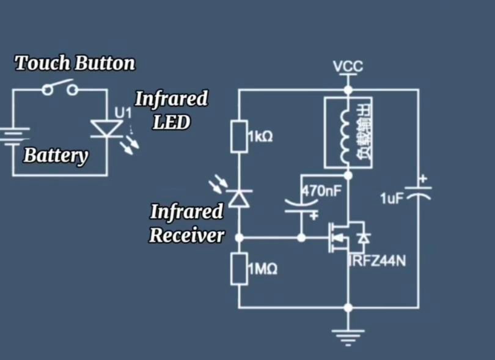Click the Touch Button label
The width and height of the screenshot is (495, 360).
tap(75, 63)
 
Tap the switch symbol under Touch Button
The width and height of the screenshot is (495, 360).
tap(60, 90)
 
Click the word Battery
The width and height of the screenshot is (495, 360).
tap(56, 155)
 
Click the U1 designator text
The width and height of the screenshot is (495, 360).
tap(123, 113)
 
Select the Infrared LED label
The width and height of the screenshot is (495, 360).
tap(171, 110)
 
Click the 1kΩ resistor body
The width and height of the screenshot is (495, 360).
tap(238, 136)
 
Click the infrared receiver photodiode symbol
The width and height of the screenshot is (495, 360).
tap(238, 197)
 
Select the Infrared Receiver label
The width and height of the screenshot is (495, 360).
tap(186, 224)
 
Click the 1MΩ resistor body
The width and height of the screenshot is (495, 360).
tap(238, 268)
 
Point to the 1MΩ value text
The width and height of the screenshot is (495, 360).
tap(262, 269)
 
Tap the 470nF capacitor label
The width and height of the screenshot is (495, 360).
tap(321, 191)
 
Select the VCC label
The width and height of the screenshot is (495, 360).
tap(348, 66)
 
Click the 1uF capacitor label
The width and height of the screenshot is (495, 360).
tap(392, 199)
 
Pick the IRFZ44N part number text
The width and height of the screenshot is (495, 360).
tap(377, 262)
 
